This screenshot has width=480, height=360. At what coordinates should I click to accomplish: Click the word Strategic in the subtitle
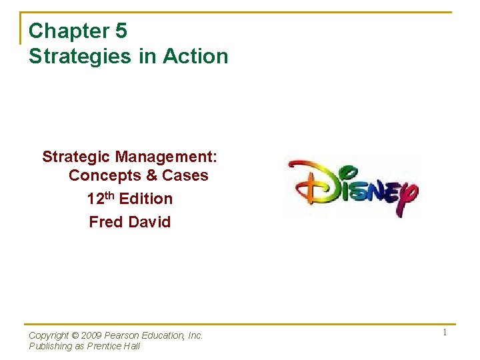click(x=76, y=157)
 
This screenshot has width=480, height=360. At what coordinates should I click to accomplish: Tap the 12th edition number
click(x=101, y=199)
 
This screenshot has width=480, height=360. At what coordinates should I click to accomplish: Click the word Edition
click(x=145, y=199)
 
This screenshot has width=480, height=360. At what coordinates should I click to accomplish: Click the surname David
click(x=149, y=222)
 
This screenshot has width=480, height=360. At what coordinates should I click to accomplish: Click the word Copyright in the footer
click(x=49, y=335)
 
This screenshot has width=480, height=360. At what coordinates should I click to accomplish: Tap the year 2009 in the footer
click(x=91, y=335)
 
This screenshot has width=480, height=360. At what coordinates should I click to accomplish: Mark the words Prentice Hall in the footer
click(x=114, y=346)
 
